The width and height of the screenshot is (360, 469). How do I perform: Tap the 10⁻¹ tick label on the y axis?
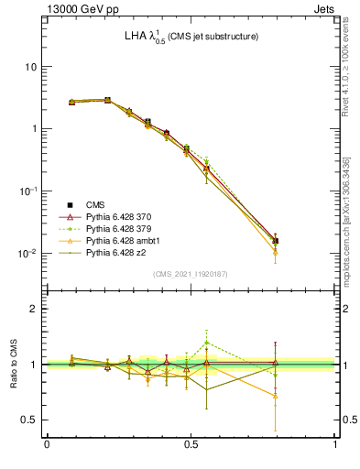tap(27, 191)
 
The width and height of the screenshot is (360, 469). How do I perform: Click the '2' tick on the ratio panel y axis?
tap(33, 309)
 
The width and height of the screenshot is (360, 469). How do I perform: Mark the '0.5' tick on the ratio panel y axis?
tap(29, 420)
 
